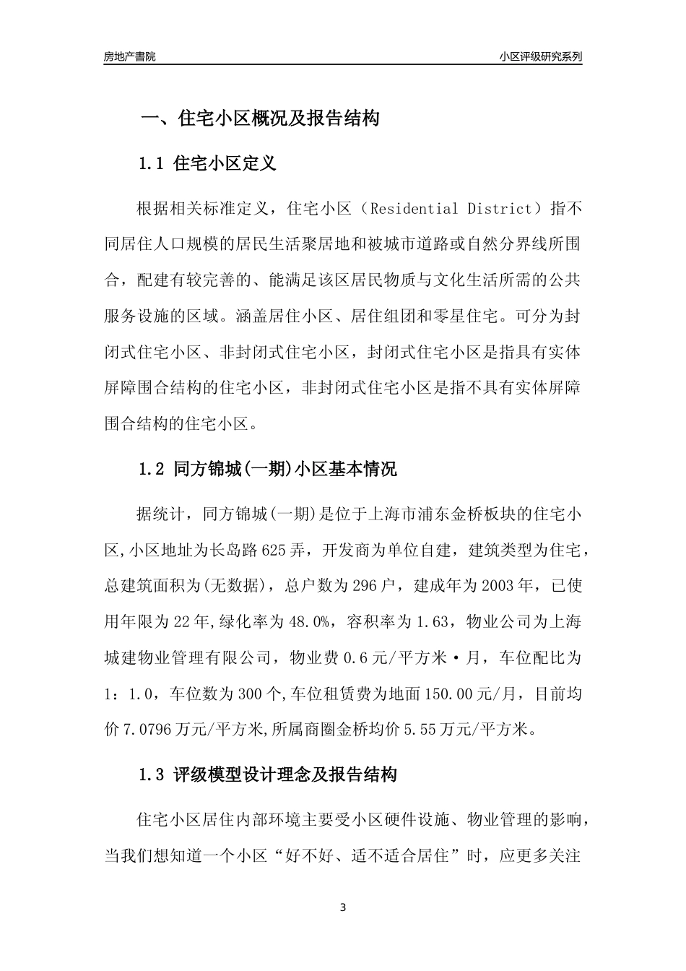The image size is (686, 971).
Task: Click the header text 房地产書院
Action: pos(129,56)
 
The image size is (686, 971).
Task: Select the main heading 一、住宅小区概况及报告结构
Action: pos(259,118)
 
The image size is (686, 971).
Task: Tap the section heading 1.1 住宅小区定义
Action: pos(207,163)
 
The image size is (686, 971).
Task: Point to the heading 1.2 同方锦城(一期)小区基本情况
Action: pos(267,469)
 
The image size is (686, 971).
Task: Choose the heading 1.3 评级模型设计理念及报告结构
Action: pos(267,775)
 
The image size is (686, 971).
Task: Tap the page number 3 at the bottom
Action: pos(343,907)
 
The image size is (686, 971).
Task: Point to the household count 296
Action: pos(365,587)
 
